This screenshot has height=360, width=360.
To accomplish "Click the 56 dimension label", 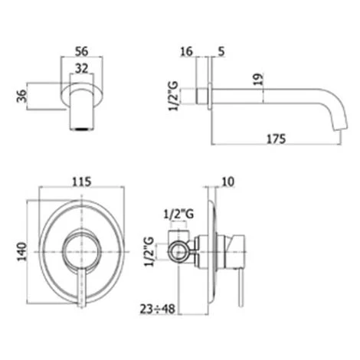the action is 82,51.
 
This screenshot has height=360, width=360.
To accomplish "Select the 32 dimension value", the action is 82,68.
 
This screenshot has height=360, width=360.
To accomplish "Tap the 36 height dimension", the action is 22,96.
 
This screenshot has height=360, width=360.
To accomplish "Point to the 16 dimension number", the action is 186,51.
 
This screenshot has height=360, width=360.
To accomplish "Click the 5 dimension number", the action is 221,51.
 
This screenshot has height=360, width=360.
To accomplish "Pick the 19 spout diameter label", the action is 259,80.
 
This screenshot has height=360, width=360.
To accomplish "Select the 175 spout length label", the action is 277,139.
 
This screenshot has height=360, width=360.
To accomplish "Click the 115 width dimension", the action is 82,182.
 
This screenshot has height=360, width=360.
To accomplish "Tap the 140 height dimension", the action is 22,251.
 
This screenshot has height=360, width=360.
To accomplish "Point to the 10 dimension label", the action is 228,182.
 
